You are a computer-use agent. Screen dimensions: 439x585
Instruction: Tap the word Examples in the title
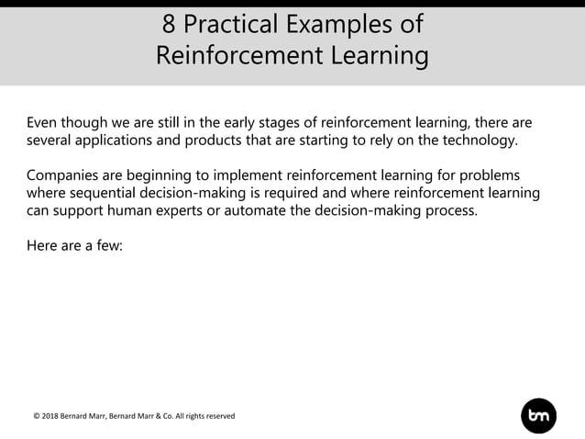[x=345, y=24]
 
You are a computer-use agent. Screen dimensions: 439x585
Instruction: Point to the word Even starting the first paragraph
[x=43, y=122]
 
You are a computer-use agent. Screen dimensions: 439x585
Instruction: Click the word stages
[x=256, y=122]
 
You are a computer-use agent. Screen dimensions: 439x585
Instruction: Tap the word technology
[x=479, y=141]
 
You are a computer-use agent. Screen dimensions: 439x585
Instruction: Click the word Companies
[x=65, y=174]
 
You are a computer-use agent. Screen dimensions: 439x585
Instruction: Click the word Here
[x=42, y=245]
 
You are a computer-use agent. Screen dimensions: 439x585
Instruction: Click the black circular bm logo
[x=538, y=415]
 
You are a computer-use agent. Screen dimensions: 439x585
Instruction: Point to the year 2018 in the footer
[x=54, y=416]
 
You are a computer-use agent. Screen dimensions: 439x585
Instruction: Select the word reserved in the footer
[x=217, y=416]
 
